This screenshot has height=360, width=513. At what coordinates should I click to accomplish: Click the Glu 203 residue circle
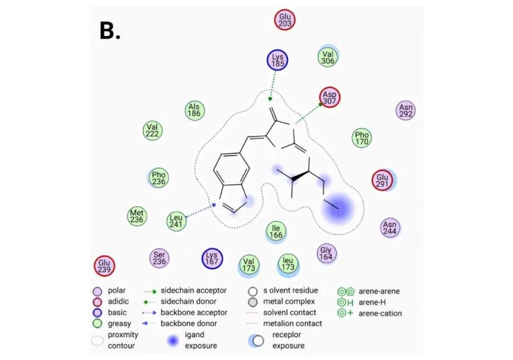[x=286, y=21]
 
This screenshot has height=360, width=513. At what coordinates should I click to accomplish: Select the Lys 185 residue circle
[x=278, y=60]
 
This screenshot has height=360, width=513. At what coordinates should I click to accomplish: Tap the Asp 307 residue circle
[x=329, y=96]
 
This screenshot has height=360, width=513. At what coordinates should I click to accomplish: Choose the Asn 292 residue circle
[x=406, y=110]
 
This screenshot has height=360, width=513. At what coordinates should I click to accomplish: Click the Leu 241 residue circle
[x=177, y=221]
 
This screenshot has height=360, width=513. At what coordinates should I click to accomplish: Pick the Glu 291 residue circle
[x=382, y=181]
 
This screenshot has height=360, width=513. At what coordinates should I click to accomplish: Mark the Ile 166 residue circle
[x=276, y=231]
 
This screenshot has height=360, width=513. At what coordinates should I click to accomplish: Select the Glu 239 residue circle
[x=104, y=265]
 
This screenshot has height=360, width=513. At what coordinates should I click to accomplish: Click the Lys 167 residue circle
[x=212, y=258]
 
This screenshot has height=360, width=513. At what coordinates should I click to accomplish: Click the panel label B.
[x=109, y=31]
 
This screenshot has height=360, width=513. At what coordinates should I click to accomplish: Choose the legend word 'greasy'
[x=119, y=324]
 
